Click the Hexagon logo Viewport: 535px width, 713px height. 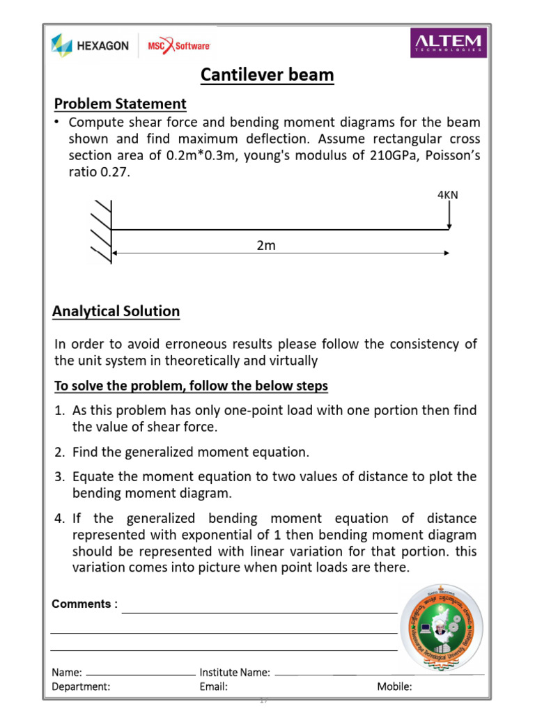pos(90,45)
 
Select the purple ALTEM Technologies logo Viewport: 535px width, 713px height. pos(448,42)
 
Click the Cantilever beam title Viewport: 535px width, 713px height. pos(267,75)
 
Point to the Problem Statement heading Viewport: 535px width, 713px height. pos(121,104)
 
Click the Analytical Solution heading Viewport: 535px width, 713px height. pos(116,311)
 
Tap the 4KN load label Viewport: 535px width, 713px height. pos(447,195)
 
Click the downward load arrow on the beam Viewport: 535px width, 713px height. pos(450,215)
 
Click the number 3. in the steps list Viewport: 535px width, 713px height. pos(60,477)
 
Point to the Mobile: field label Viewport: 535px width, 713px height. pos(394,687)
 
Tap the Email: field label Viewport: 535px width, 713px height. pos(213,687)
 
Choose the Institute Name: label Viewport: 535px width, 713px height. pos(235,673)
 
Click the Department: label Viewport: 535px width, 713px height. pos(81,687)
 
